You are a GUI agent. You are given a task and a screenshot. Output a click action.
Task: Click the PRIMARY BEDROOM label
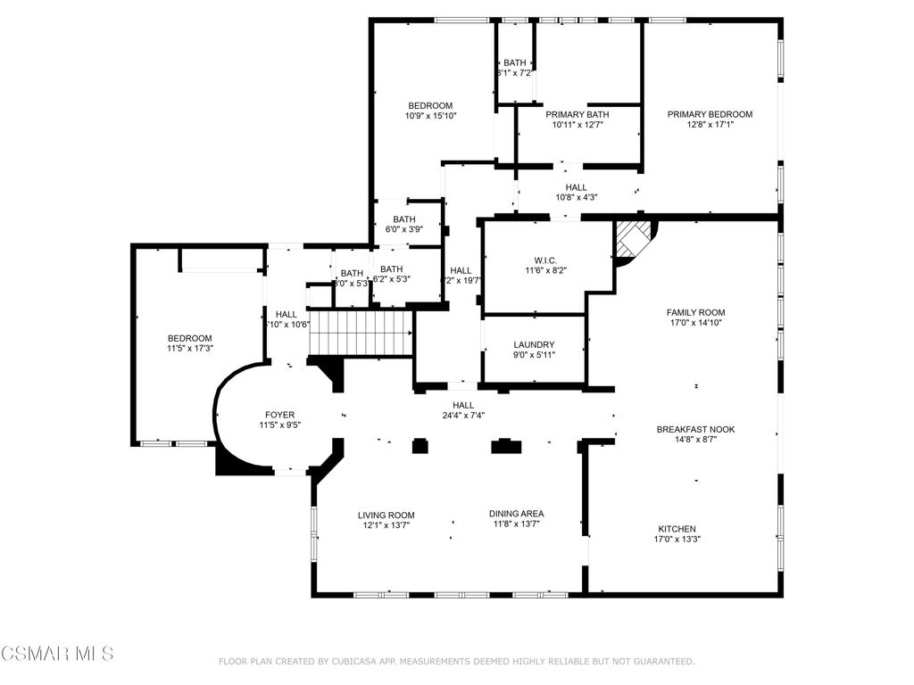pyautogui.click(x=710, y=114)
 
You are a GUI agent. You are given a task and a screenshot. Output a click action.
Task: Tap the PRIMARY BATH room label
pyautogui.click(x=577, y=114)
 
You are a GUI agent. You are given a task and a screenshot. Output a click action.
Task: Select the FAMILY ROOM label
pyautogui.click(x=695, y=312)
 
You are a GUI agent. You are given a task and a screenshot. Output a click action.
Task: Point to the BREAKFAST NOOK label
pyautogui.click(x=695, y=429)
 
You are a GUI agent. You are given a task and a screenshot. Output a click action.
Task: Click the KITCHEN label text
pyautogui.click(x=677, y=529)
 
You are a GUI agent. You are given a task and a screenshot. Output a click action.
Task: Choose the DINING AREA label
pyautogui.click(x=516, y=514)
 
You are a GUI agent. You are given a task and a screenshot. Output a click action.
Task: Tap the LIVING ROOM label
pyautogui.click(x=386, y=515)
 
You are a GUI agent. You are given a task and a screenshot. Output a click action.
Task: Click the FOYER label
pyautogui.click(x=279, y=415)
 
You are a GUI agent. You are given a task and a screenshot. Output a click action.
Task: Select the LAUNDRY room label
pyautogui.click(x=534, y=345)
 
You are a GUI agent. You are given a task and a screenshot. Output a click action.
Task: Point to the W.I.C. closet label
pyautogui.click(x=544, y=260)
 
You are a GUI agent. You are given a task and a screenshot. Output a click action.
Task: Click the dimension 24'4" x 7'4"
pyautogui.click(x=462, y=415)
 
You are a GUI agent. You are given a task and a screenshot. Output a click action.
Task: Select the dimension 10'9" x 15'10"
pyautogui.click(x=430, y=116)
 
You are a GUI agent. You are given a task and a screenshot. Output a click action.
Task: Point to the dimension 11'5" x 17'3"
pyautogui.click(x=190, y=349)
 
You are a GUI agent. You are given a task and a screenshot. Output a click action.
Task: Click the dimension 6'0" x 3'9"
pyautogui.click(x=403, y=229)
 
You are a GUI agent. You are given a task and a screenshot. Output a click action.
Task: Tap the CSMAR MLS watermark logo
pyautogui.click(x=57, y=654)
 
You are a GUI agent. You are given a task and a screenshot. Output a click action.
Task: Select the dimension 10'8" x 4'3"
pyautogui.click(x=576, y=198)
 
